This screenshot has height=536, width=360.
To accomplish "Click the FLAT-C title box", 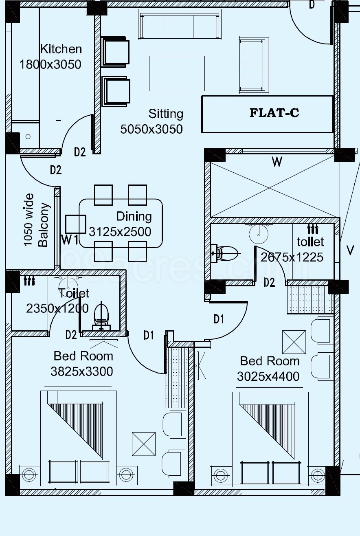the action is tap(268, 114).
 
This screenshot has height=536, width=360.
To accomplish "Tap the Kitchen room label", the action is tap(61, 49).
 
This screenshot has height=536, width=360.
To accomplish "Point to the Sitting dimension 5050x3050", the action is tap(151, 129).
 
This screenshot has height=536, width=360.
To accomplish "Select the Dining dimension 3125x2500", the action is tap(120, 232).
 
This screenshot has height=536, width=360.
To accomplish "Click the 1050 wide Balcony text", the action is tap(37, 220).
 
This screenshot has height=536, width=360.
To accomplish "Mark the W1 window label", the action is tap(70, 240).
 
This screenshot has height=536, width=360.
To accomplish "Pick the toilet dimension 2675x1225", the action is tap(292, 257).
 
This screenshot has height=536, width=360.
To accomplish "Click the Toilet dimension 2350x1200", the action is tap(57, 308).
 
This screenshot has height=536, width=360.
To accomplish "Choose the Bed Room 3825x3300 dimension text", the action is tap(82, 371).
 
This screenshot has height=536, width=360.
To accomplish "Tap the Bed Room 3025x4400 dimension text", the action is tap(268, 376).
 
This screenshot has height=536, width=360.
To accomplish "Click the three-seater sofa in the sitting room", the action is tap(180, 25).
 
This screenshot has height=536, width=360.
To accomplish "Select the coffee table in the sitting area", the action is tap(177, 73).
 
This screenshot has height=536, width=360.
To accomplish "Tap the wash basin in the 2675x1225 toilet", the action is tap(259, 233).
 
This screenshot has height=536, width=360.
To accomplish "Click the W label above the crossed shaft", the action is tap(277, 162).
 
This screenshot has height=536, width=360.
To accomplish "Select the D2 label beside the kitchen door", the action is tap(80, 152).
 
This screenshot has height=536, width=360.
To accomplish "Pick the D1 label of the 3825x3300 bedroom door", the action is tap(149, 335).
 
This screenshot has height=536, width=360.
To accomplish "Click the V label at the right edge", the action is tap(350, 250).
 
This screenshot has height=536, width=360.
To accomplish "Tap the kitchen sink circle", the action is tap(28, 136).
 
